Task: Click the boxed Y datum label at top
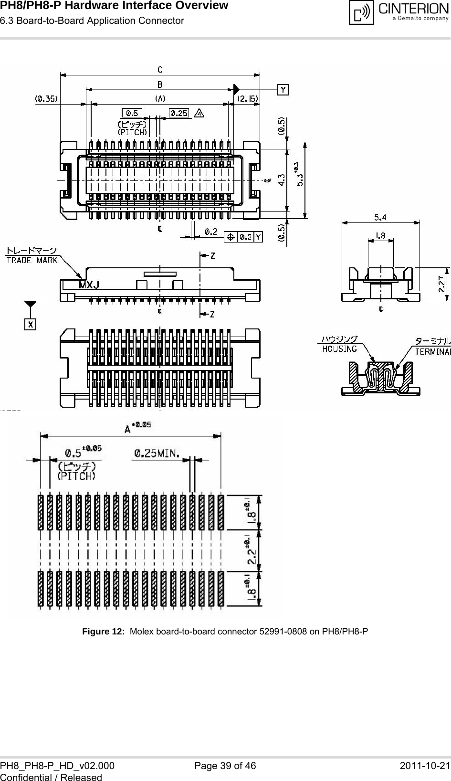[283, 89]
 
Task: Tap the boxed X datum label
[31, 324]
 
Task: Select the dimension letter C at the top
[160, 70]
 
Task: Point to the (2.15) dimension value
[248, 99]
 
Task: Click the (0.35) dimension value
[46, 99]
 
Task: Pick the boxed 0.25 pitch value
[179, 113]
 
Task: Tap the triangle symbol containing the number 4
[199, 114]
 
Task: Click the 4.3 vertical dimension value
[282, 179]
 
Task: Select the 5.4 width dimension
[380, 217]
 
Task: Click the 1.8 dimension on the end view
[380, 235]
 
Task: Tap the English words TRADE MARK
[31, 260]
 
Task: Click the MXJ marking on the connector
[89, 285]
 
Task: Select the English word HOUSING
[340, 349]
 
